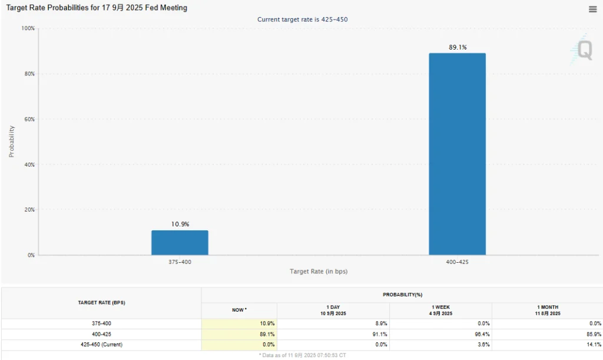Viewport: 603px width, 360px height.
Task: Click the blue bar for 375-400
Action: point(180,243)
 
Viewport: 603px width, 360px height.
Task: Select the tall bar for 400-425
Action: point(457,154)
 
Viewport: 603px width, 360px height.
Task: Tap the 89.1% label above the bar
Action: point(458,47)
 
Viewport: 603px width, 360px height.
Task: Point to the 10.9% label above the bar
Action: point(180,224)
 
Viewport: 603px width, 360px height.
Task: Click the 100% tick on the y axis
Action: point(28,28)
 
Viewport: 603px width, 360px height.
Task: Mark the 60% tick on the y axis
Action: point(29,119)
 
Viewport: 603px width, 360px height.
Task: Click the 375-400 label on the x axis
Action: point(180,262)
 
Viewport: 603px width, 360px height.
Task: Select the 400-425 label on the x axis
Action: point(457,262)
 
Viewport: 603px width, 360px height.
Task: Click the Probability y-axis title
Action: point(12,141)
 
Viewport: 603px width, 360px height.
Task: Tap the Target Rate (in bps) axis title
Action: point(319,272)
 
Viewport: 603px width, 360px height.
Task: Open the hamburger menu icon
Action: point(592,9)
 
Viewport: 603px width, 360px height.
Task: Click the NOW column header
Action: point(238,310)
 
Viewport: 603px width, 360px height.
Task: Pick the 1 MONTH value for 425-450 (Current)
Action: point(593,344)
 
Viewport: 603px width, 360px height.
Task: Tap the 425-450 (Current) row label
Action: point(101,344)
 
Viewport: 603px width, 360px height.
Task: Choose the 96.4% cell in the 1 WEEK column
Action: point(482,334)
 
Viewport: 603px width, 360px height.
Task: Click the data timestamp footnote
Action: point(301,355)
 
